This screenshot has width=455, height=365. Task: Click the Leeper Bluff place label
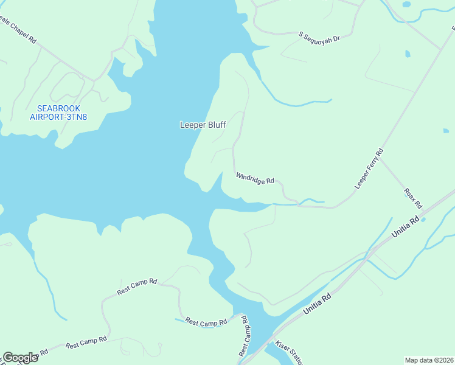coord(203,125)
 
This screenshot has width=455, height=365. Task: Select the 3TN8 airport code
coord(76,117)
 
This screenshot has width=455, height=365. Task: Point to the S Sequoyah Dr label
coord(319,37)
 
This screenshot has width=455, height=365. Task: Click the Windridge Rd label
coord(255,178)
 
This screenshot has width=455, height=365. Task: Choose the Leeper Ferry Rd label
coord(369,167)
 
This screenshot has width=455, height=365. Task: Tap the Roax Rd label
coord(413,198)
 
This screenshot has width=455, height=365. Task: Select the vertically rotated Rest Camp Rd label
coord(244,335)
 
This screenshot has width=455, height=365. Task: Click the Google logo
coord(20,358)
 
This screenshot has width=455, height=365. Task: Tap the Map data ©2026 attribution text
coord(429,360)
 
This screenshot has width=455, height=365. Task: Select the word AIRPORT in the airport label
coord(46,117)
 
